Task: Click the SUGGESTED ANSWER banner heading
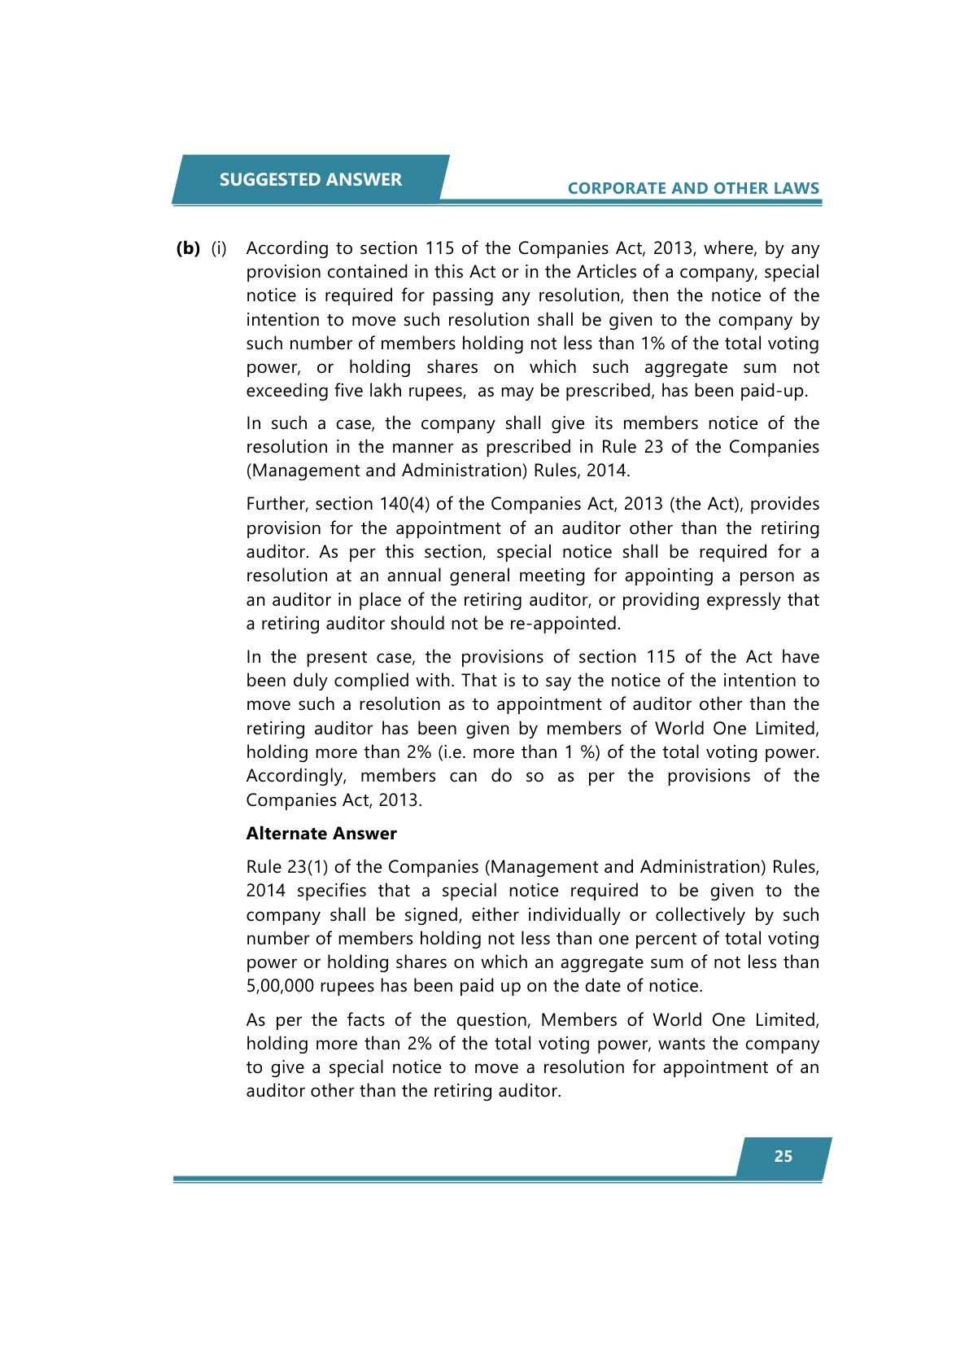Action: pos(310,179)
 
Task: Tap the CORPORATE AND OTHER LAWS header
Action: pos(692,188)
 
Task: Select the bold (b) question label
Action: pos(188,248)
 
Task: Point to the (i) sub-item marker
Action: pos(219,248)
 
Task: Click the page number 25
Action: pos(783,1156)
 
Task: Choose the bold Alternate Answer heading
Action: pos(321,834)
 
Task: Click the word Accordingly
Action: pos(296,776)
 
